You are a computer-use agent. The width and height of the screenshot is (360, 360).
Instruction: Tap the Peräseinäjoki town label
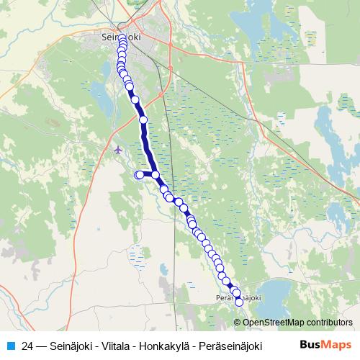[x=237, y=296]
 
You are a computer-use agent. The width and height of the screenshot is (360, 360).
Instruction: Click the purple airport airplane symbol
[x=119, y=149]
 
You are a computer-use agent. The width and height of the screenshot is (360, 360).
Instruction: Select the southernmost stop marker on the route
[x=239, y=302]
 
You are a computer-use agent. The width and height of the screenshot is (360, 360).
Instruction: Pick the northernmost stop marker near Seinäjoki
[x=122, y=38]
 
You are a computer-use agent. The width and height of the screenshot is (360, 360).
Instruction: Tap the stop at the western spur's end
[x=139, y=174]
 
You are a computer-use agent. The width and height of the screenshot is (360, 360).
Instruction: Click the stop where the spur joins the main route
[x=155, y=174]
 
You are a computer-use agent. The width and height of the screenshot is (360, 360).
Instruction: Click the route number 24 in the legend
[x=27, y=346]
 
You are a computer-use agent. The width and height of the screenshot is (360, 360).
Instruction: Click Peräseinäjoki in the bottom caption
[x=232, y=346]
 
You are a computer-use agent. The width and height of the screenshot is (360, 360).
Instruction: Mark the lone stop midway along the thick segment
[x=143, y=120]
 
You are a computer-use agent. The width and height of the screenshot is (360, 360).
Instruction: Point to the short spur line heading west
[x=147, y=174]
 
